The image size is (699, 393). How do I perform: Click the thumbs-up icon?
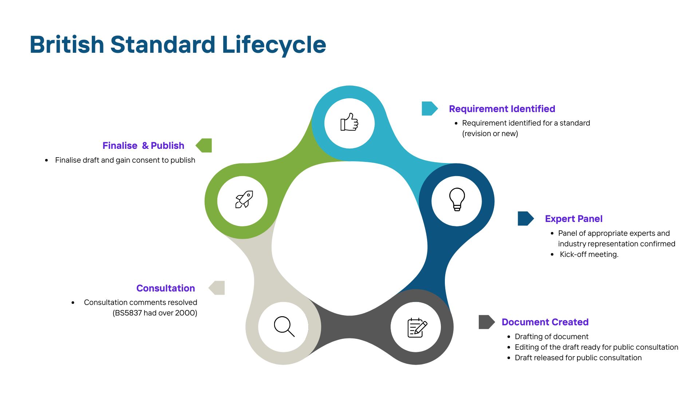[349, 122]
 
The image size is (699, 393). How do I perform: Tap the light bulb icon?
[457, 199]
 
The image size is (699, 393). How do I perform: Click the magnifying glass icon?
[284, 326]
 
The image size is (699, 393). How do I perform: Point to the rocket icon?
[244, 199]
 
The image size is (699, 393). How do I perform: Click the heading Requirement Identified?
[502, 109]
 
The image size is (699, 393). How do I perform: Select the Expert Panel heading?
[574, 219]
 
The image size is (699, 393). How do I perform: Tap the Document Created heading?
[545, 322]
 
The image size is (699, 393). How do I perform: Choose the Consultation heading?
[166, 288]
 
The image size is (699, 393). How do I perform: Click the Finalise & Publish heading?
[143, 146]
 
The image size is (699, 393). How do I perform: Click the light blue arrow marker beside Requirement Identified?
[430, 108]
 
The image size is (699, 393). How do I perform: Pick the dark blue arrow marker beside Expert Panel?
[526, 218]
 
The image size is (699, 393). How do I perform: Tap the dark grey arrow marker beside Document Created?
[487, 322]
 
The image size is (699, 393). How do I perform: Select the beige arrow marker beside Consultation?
[217, 288]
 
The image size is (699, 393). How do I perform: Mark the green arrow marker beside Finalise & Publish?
[204, 145]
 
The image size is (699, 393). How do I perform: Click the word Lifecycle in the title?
[274, 45]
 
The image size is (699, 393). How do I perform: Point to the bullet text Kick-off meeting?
[589, 254]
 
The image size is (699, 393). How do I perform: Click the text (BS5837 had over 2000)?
[155, 313]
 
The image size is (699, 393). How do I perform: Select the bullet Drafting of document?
[552, 337]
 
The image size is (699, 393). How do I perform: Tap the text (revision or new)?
[490, 134]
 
